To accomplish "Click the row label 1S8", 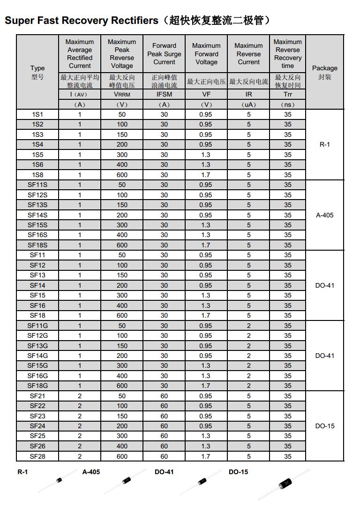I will click(37, 175).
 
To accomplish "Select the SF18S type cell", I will click(37, 245).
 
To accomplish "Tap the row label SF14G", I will click(37, 356).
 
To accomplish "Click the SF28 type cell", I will click(37, 456).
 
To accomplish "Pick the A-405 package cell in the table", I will click(325, 216).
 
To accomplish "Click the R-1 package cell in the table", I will click(325, 144).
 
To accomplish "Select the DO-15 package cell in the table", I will click(325, 426).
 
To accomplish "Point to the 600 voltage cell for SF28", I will click(122, 456).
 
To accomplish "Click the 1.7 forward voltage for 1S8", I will click(206, 175).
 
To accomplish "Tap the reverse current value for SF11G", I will click(248, 326).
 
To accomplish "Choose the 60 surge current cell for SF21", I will click(164, 396).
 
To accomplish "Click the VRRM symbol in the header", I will click(122, 95).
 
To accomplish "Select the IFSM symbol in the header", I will click(164, 95).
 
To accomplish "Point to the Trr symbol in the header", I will click(287, 95).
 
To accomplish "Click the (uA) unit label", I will click(248, 105).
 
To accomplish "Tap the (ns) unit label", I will click(287, 105).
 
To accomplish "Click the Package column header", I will click(325, 68).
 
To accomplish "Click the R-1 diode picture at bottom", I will click(59, 480).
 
